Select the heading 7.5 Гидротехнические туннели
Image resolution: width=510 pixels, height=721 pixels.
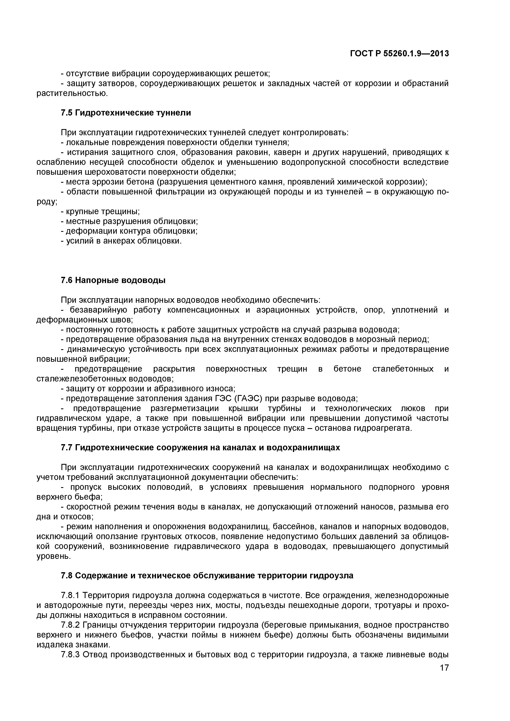pyautogui.click(x=126, y=113)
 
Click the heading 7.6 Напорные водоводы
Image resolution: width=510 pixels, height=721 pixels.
pyautogui.click(x=113, y=280)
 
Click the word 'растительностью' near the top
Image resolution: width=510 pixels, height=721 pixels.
pyautogui.click(x=72, y=93)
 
